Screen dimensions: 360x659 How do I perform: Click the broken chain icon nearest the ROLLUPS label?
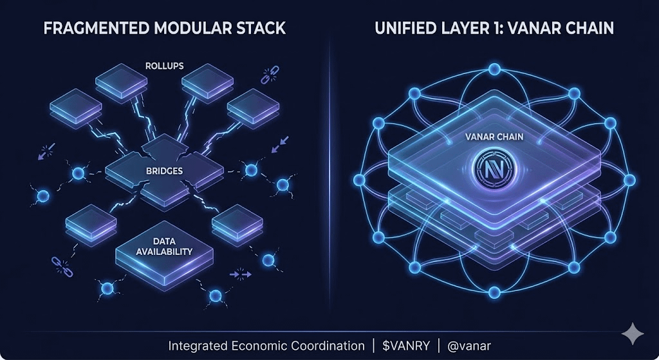tap(268, 77)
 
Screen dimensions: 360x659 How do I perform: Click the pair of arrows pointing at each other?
tap(241, 274)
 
